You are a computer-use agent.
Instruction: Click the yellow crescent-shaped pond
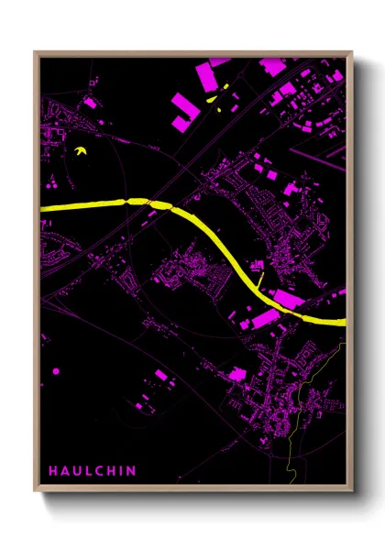(x=82, y=151)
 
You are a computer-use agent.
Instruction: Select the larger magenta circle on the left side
(x=56, y=371)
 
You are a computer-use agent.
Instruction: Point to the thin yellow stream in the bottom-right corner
(x=295, y=431)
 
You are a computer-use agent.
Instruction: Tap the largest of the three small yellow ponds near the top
(x=212, y=99)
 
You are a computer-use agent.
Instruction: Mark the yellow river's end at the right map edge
(x=343, y=322)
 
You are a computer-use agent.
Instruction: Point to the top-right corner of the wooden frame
(x=351, y=52)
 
